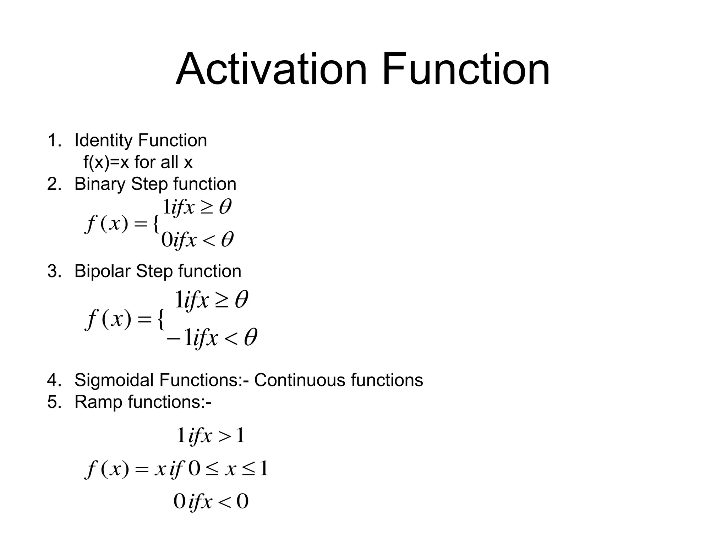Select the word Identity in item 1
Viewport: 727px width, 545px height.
(103, 141)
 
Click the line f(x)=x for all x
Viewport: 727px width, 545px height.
(138, 163)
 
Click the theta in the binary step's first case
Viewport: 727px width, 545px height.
(225, 207)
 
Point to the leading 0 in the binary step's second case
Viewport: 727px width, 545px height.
(166, 240)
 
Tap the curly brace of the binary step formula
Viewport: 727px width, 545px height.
(155, 225)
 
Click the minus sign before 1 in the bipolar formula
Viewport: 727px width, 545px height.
(174, 338)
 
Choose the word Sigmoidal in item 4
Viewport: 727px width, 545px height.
(114, 380)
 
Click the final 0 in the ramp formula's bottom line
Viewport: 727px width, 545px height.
(242, 502)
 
